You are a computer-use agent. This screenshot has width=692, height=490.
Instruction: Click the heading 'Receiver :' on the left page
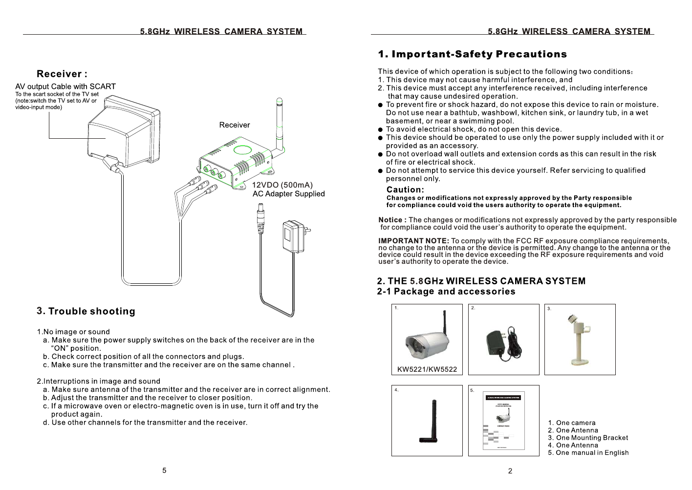pos(62,74)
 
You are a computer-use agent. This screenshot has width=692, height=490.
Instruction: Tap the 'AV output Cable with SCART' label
pos(65,86)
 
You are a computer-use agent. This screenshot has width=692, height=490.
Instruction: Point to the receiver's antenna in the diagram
pos(279,122)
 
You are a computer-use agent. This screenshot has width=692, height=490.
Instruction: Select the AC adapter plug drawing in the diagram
pos(294,236)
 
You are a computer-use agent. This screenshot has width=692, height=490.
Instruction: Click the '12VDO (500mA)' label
pos(282,185)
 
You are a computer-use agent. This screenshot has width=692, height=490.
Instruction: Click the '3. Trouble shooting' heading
pos(86,311)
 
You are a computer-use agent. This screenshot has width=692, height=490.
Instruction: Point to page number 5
pos(164,470)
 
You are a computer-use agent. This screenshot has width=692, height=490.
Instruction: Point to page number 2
pos(510,471)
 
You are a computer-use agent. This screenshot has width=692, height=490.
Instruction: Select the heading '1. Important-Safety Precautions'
pos(472,54)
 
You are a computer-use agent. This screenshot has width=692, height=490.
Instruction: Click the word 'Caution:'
pos(405,190)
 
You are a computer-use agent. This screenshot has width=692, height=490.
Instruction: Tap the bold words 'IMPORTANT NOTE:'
pos(413,241)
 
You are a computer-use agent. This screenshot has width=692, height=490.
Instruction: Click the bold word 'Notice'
pos(390,220)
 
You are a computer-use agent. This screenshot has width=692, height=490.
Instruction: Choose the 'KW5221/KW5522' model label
pos(427,369)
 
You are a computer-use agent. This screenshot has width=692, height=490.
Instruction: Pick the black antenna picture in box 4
pos(430,422)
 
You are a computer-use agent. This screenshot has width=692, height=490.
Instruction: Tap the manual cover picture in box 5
pos(503,421)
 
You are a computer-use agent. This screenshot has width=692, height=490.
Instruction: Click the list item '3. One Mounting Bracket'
pos(588,438)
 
